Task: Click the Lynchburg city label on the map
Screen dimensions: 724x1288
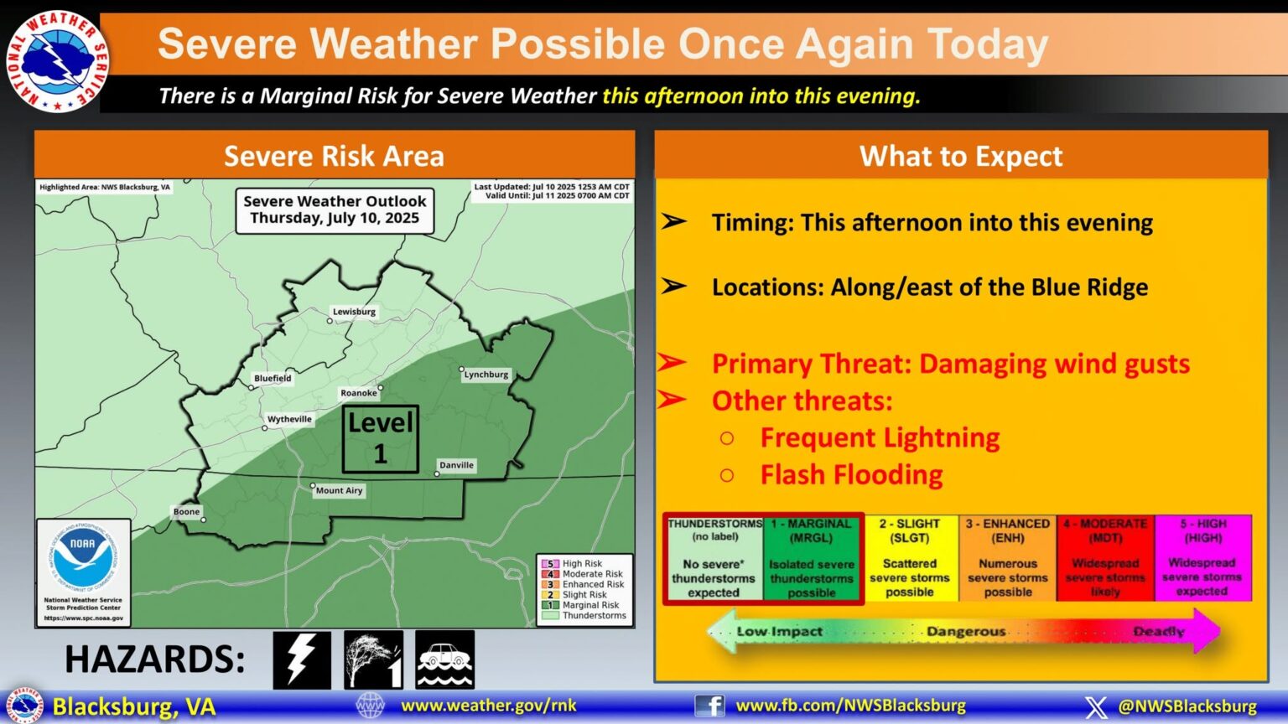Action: tap(486, 375)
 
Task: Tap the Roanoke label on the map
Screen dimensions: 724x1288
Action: tap(359, 393)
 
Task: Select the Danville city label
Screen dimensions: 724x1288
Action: tap(457, 465)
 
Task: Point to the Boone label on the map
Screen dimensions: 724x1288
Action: tap(186, 511)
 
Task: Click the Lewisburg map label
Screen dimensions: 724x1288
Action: tap(354, 312)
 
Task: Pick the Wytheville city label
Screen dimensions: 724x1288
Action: tap(289, 419)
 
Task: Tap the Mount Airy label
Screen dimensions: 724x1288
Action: tap(339, 490)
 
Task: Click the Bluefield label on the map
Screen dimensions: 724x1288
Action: tap(273, 378)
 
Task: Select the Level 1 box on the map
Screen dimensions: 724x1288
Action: tap(380, 438)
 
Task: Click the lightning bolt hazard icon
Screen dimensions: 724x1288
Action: tap(301, 659)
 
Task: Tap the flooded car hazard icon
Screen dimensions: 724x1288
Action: tap(444, 659)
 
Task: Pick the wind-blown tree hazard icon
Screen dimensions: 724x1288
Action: tap(373, 659)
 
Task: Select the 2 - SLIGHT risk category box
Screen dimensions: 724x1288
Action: tap(910, 557)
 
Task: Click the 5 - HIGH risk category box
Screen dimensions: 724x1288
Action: tap(1202, 557)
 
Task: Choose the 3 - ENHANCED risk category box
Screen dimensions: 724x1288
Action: tap(1008, 557)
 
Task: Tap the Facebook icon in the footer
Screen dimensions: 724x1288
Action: tap(709, 706)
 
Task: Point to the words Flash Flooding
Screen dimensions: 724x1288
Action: tap(851, 474)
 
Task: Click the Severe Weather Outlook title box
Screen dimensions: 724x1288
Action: tap(335, 209)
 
